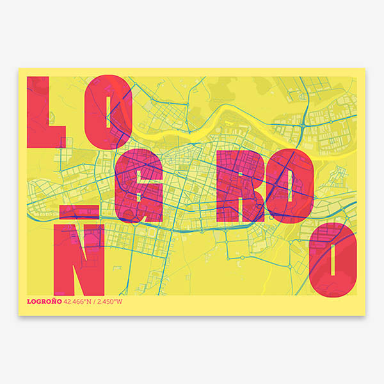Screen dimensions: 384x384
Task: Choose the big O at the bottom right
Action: [333, 257]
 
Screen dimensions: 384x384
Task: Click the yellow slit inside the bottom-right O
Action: [333, 257]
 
